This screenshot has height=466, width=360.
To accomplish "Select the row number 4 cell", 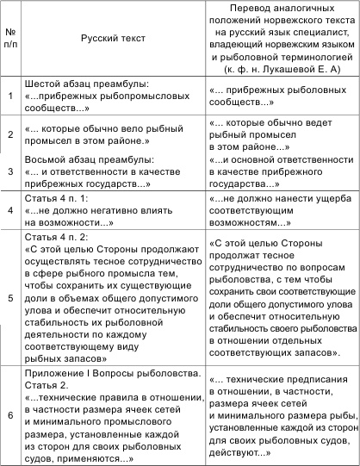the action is coord(12,209).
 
